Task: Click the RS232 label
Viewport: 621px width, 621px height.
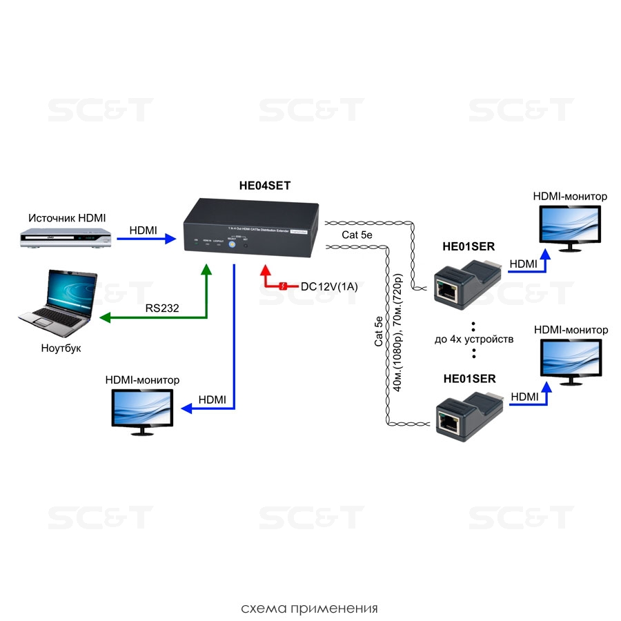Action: (x=161, y=308)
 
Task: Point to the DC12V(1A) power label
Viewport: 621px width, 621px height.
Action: (x=329, y=286)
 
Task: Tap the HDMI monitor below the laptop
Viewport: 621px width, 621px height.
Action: (x=143, y=411)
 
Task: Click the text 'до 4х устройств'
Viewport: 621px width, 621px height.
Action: (x=474, y=339)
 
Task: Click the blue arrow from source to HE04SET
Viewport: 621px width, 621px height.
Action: (x=145, y=239)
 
